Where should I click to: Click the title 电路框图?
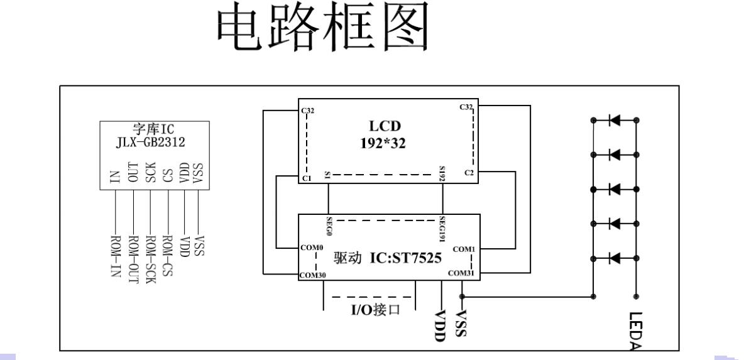(x=323, y=28)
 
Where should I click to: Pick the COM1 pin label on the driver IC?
(x=464, y=249)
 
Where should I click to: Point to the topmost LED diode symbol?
(x=615, y=120)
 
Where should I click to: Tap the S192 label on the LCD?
(x=443, y=175)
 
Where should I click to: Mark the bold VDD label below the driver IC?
(x=439, y=325)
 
